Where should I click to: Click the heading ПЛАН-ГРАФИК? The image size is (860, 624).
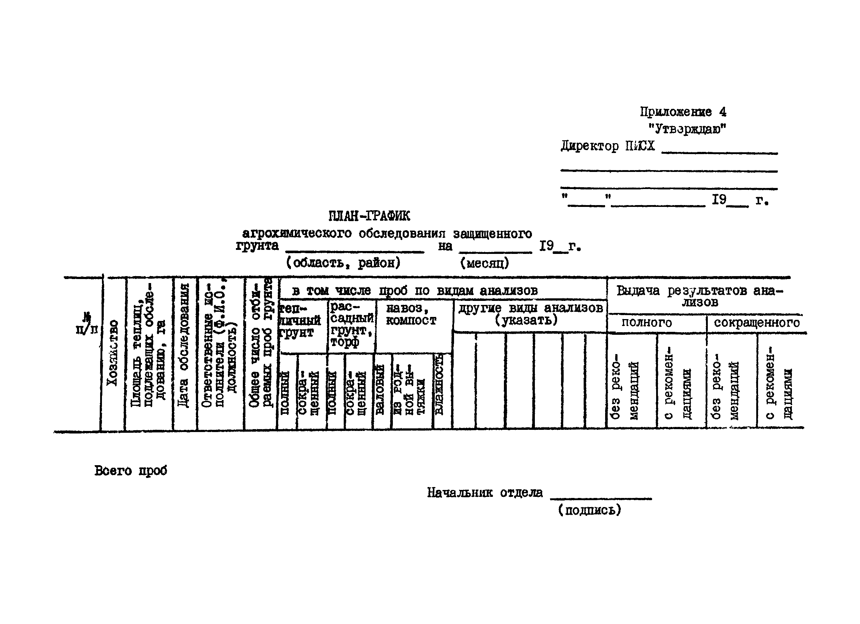(368, 216)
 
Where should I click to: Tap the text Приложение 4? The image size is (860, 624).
(683, 112)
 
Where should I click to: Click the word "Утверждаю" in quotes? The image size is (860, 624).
(687, 129)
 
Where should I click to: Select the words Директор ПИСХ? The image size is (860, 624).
(607, 146)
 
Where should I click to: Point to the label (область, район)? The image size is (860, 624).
(343, 263)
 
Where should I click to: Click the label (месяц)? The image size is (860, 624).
(484, 263)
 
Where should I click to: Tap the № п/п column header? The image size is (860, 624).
(86, 323)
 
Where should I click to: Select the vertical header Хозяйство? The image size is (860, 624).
(112, 353)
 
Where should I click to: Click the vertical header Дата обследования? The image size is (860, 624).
(184, 345)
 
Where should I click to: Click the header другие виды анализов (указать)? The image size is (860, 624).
(530, 314)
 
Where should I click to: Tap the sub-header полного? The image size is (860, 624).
(646, 323)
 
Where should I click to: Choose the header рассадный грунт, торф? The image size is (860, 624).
(351, 324)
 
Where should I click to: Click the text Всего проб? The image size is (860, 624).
(130, 471)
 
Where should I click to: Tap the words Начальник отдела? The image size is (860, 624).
(485, 493)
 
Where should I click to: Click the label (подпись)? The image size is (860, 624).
(589, 510)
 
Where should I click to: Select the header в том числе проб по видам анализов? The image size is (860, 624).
(414, 291)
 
